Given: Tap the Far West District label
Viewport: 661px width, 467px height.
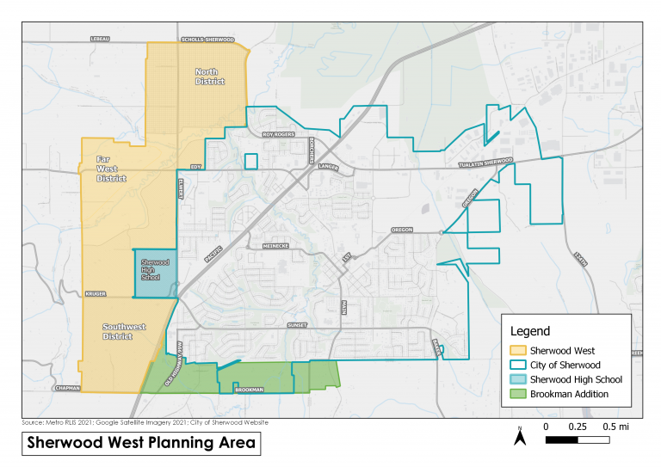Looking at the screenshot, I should tap(111, 169).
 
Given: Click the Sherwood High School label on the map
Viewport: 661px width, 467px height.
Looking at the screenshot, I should tap(153, 269).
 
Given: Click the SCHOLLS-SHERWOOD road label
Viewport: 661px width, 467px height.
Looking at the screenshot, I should tap(207, 40).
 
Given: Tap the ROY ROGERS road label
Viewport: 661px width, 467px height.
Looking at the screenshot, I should tap(279, 134).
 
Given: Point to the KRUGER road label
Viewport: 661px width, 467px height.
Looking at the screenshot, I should tap(95, 293).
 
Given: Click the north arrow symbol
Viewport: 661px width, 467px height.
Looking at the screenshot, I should tap(521, 438).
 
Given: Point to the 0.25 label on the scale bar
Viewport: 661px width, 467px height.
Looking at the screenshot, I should tap(578, 427).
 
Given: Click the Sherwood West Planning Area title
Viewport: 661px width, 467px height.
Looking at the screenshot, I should tap(141, 444).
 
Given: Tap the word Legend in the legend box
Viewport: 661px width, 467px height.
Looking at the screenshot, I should tap(530, 331).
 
